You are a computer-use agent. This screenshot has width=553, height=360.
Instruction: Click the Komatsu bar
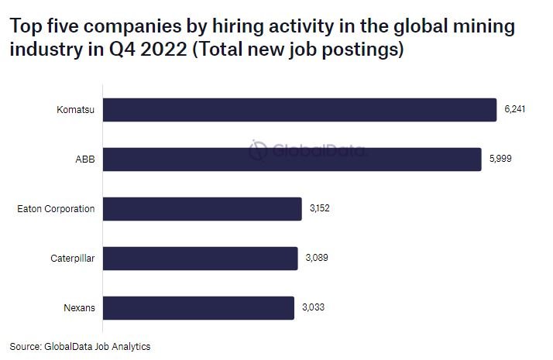[x=299, y=110]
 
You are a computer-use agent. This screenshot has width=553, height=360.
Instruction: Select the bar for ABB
[x=291, y=159]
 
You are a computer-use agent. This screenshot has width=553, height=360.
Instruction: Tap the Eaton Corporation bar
[x=201, y=209]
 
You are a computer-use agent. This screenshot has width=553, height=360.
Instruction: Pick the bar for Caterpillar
[x=200, y=259]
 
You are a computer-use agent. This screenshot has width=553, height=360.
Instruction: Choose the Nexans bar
[x=198, y=308]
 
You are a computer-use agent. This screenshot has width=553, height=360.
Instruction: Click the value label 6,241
[x=515, y=110]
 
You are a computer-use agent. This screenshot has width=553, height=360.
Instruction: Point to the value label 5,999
[x=500, y=159]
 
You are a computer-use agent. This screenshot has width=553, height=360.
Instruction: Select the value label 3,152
[x=320, y=209]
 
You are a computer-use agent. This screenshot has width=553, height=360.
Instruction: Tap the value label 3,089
[x=316, y=259]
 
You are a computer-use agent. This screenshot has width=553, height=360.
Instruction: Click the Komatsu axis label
[x=76, y=110]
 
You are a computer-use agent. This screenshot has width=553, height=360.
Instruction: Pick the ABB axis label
[x=85, y=159]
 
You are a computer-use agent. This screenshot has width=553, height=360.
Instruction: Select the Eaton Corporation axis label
[x=56, y=209]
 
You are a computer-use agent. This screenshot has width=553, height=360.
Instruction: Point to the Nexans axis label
[x=79, y=308]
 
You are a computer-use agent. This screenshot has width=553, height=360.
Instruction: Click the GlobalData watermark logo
[x=307, y=149]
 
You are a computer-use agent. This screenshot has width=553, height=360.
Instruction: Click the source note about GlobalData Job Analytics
[x=80, y=347]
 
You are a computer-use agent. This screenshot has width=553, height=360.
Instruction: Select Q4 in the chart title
[x=100, y=51]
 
